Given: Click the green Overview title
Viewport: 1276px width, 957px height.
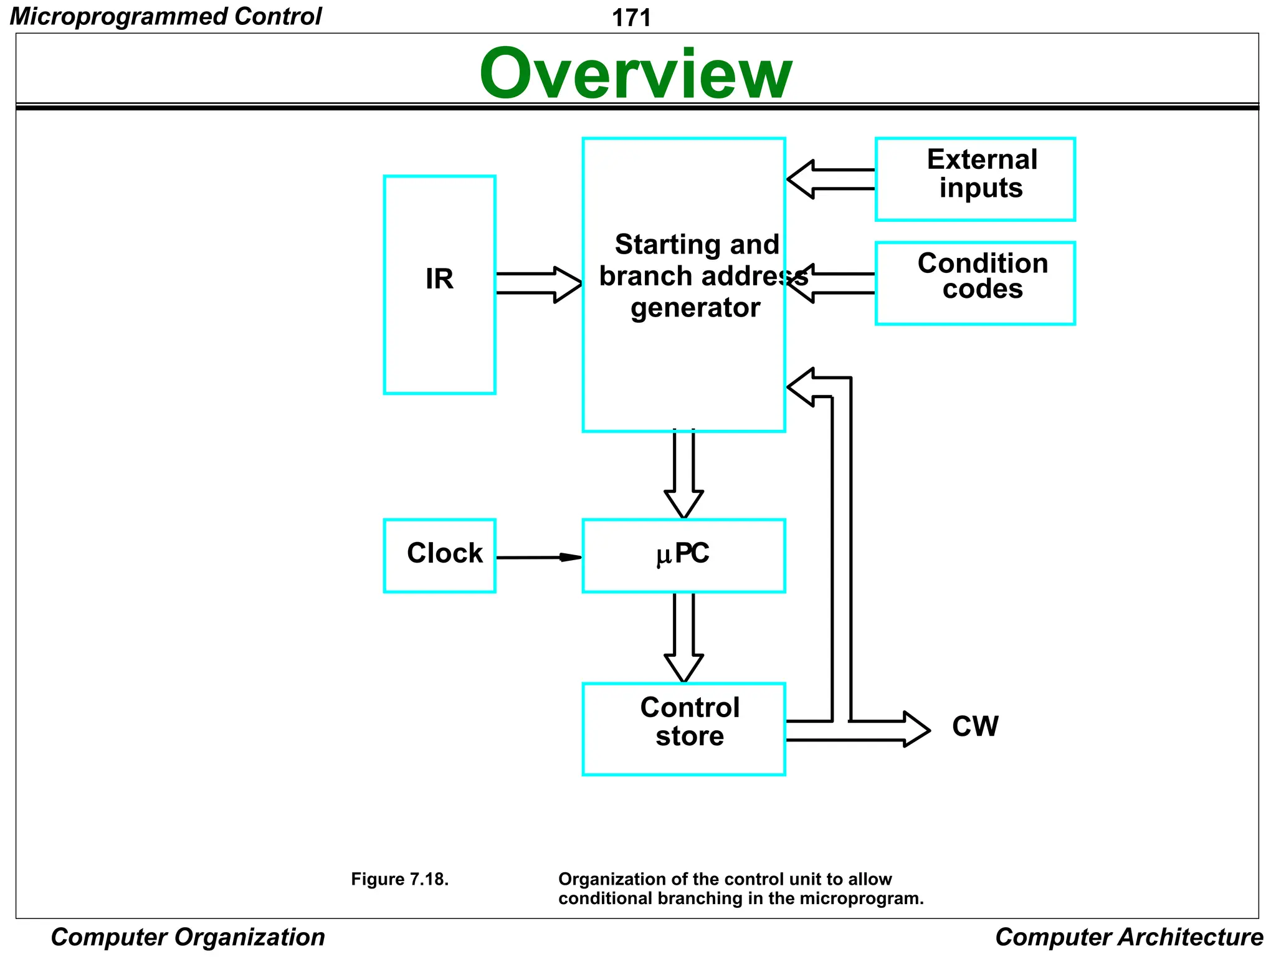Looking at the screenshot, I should coord(636,74).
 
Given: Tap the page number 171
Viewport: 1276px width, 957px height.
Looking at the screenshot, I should coord(631,17).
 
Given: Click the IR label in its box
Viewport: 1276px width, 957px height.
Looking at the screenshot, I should coord(439,279).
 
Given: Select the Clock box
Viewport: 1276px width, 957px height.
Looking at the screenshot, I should coord(440,555).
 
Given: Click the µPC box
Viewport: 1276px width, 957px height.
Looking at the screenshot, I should coord(683,555).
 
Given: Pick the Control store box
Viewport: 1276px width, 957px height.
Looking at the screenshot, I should coord(683,728).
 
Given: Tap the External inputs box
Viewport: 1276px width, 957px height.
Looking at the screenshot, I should coord(975,179).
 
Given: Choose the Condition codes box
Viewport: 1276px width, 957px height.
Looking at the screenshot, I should coord(975,283).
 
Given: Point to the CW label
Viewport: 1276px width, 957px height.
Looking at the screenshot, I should coord(975,726).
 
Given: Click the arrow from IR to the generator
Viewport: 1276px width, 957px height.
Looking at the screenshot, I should coord(539,284).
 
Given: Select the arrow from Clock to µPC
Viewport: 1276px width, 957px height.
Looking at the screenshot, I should coord(539,557).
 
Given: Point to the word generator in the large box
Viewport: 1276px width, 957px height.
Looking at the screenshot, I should coord(695,308).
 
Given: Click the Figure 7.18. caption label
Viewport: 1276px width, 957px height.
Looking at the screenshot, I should coord(399,879).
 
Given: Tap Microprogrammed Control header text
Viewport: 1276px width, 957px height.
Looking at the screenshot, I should coord(166,16).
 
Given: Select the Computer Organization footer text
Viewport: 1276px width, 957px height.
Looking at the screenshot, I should coord(188,937).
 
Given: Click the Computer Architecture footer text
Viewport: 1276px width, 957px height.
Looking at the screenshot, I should coord(1129,937).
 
